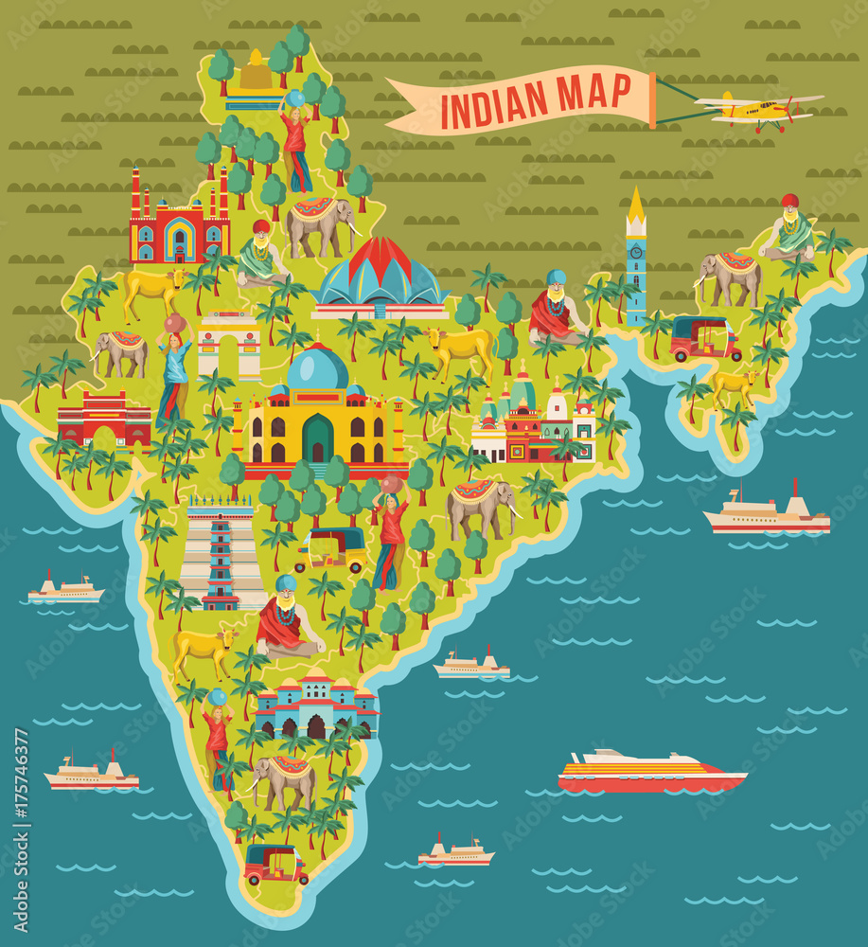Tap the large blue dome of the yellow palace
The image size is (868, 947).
point(318,368)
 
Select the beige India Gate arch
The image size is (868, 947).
point(229,346)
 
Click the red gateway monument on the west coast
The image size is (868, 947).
point(104,419)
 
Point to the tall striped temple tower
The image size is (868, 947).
point(221,554)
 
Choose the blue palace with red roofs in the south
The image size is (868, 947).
point(316,706)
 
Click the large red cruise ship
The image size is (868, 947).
point(651,772)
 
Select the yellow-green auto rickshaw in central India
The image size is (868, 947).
point(331,549)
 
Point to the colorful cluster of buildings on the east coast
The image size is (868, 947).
point(533,424)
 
